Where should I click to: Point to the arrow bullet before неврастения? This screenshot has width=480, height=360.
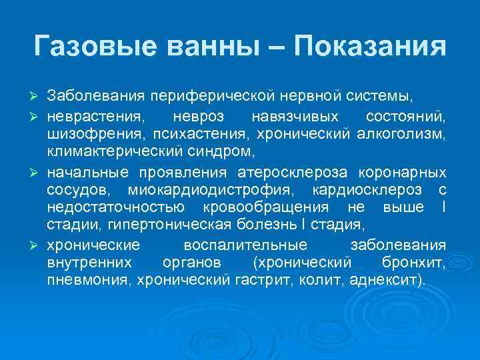click(x=37, y=117)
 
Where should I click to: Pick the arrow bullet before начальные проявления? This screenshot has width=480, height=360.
click(x=37, y=173)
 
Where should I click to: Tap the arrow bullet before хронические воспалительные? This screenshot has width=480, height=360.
click(x=37, y=244)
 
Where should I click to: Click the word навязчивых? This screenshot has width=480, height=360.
click(x=291, y=117)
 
